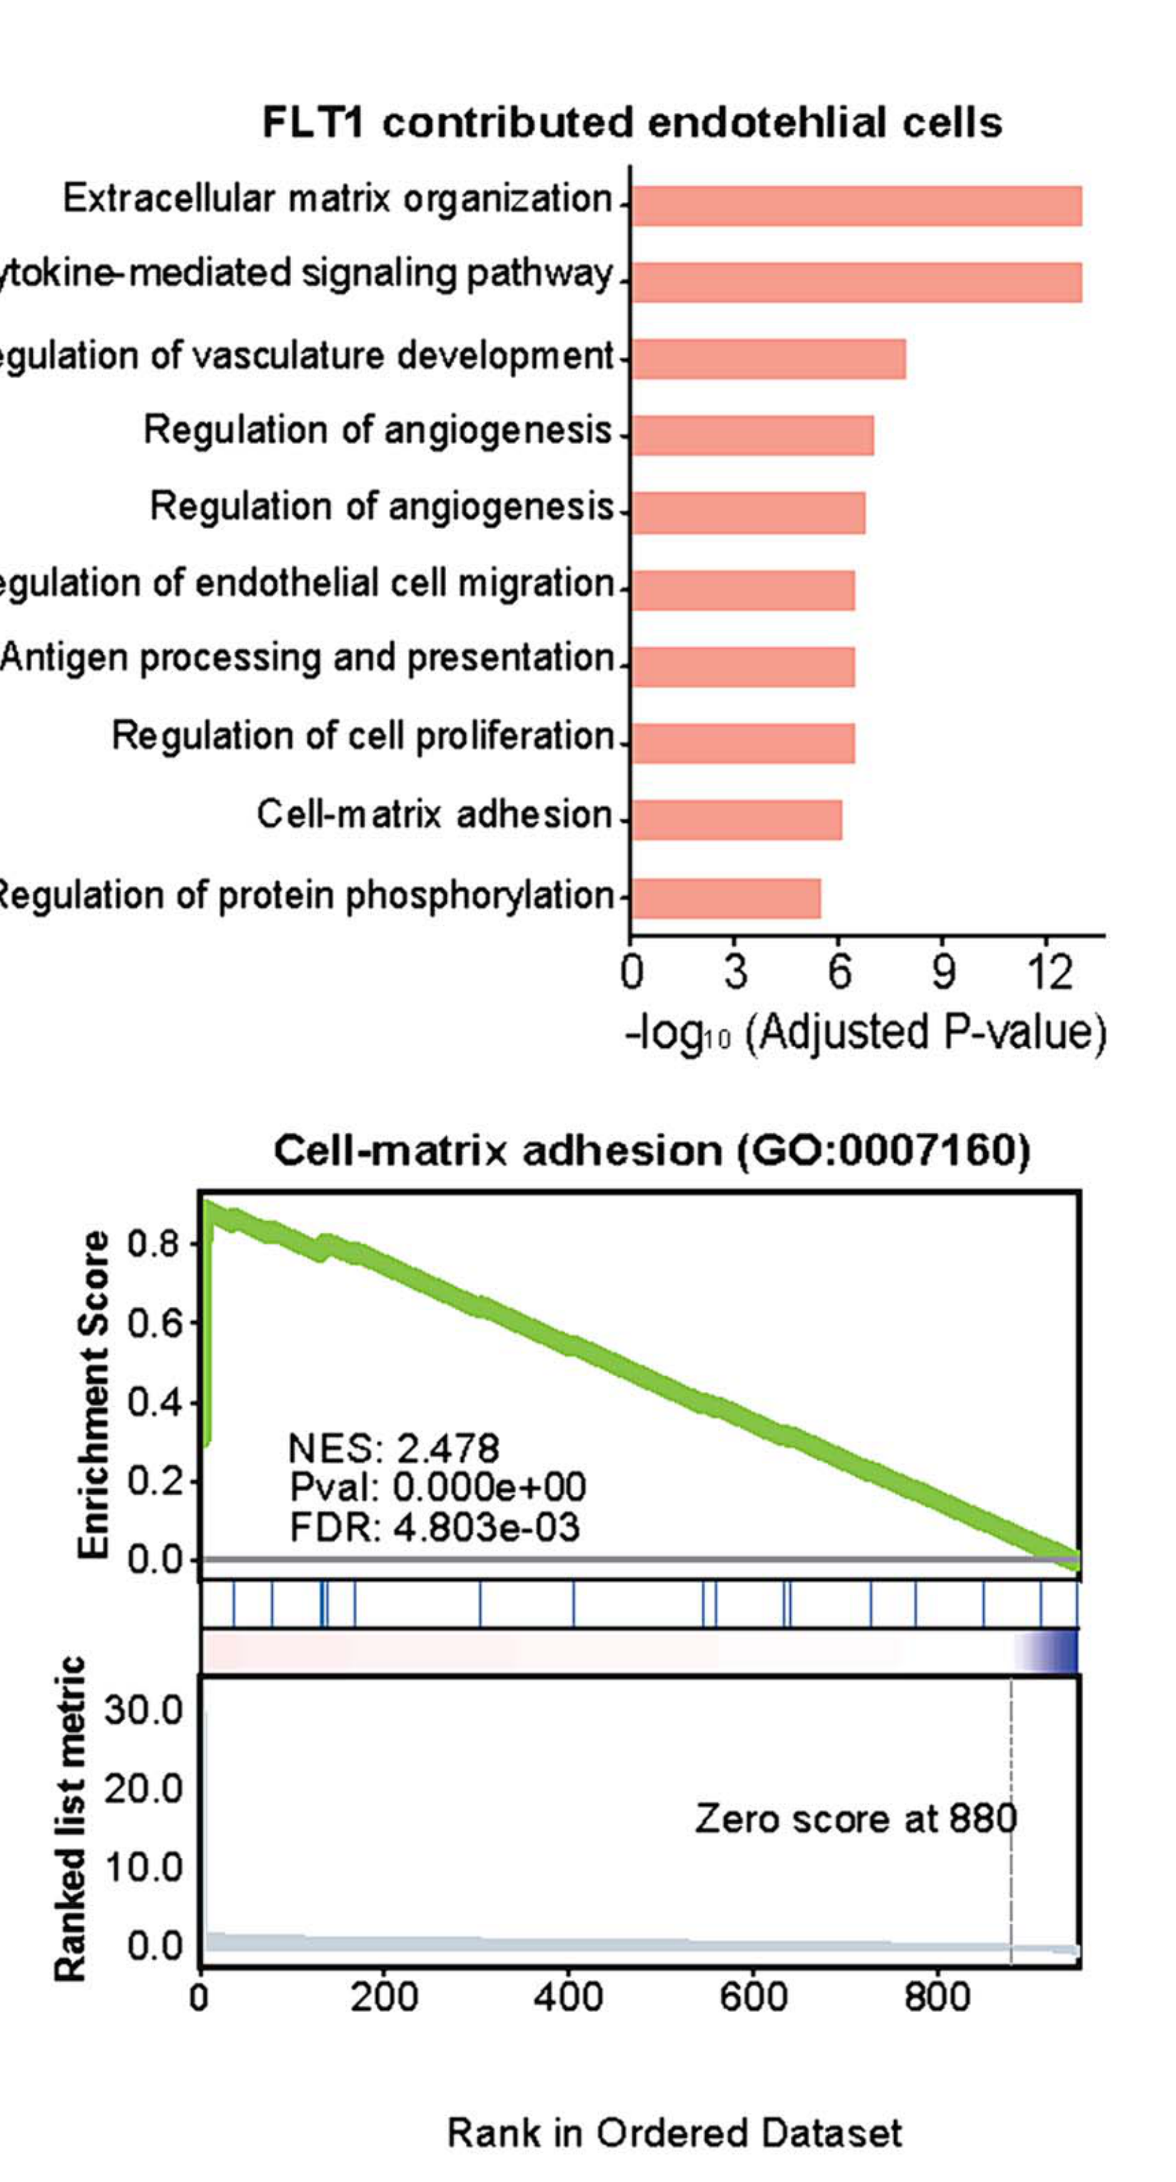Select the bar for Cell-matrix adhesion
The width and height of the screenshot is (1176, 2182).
click(736, 819)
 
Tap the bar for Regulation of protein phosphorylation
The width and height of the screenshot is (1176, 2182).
click(726, 898)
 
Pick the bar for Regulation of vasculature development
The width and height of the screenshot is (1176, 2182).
click(768, 358)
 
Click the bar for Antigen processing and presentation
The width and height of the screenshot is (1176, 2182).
click(743, 666)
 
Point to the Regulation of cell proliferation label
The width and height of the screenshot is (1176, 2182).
click(363, 735)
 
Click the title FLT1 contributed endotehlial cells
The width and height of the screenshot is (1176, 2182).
click(632, 122)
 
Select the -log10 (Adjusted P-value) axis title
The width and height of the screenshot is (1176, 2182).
click(866, 1034)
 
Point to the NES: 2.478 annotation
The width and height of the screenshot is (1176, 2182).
click(394, 1448)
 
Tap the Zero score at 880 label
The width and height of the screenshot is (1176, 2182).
click(855, 1819)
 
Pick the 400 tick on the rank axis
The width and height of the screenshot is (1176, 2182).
click(569, 1998)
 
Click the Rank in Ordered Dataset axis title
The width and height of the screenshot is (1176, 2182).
click(674, 2133)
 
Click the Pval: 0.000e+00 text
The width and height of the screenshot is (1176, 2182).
click(437, 1488)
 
